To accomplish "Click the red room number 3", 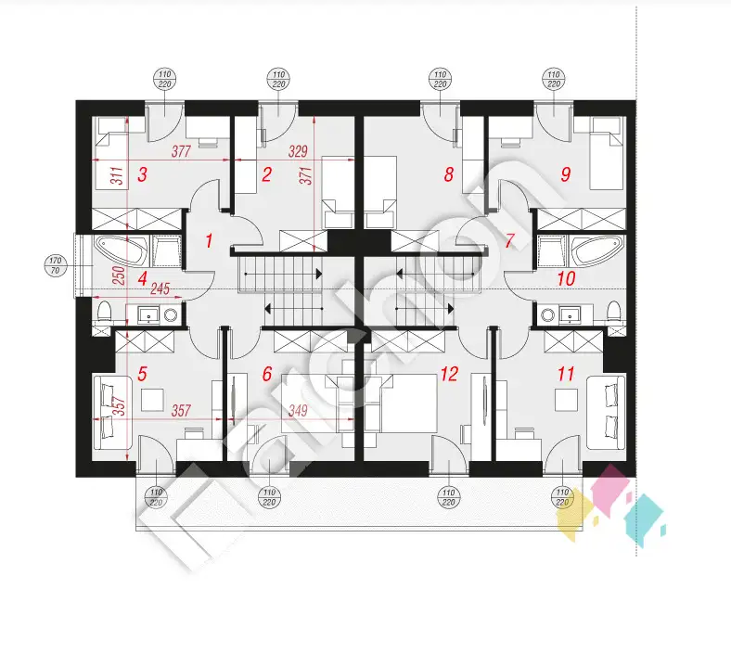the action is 142,174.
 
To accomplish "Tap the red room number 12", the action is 449,374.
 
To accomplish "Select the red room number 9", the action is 566,174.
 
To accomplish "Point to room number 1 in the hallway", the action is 209,240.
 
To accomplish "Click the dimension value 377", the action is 181,151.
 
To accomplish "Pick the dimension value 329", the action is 298,151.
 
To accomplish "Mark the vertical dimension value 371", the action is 306,175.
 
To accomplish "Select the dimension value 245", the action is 160,289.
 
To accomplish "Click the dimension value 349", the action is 298,411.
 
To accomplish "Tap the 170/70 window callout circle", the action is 56,265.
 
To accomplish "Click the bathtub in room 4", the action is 122,250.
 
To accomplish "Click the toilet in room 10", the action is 614,313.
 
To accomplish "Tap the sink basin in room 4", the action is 149,315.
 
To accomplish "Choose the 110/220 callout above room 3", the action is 164,79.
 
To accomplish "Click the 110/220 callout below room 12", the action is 448,497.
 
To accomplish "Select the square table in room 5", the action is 152,400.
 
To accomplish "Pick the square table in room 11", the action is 567,400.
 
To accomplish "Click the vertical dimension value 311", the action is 119,175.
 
